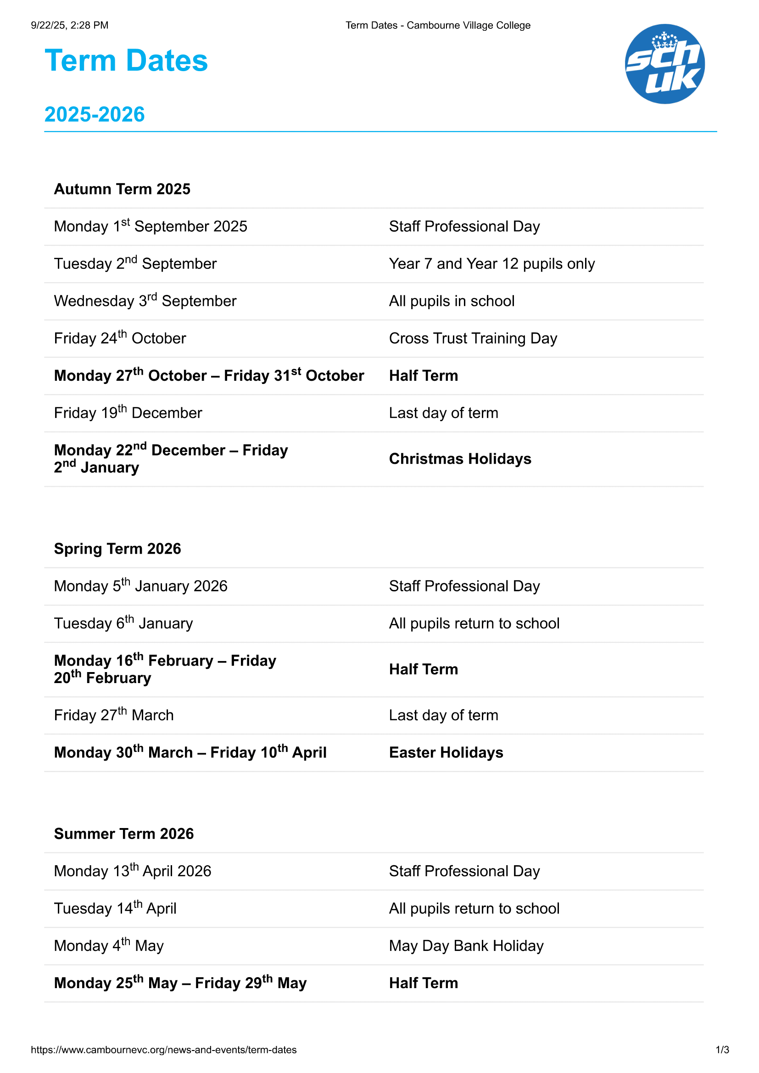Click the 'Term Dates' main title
click(126, 61)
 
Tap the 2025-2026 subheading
click(95, 115)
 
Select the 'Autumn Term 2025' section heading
click(122, 189)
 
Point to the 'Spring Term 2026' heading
click(117, 549)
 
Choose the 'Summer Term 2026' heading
click(124, 834)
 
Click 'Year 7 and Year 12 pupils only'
click(491, 264)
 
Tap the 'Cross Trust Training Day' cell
click(473, 339)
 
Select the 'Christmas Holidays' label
click(460, 459)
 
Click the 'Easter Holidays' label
click(446, 753)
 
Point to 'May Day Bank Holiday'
click(466, 946)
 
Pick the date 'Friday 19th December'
click(128, 413)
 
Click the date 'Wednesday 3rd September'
click(145, 301)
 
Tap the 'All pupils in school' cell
click(452, 301)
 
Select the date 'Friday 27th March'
click(113, 715)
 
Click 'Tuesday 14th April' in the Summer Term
click(115, 908)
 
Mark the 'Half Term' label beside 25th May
click(424, 983)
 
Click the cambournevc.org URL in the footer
click(163, 1050)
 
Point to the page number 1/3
click(722, 1050)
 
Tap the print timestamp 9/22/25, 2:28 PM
click(70, 25)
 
